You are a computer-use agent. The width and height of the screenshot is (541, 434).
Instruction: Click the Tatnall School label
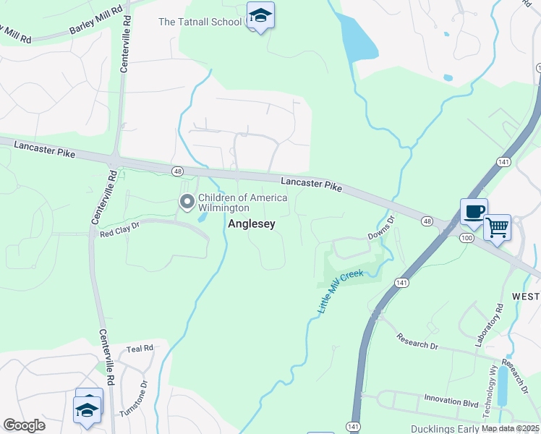coord(200,22)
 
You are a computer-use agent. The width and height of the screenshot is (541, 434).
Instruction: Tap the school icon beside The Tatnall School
coord(260,14)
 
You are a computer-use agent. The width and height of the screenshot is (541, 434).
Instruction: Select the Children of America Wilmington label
coord(242,203)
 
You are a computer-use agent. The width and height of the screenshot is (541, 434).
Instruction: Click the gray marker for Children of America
coord(187,202)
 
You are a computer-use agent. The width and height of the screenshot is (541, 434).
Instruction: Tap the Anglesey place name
coord(252,224)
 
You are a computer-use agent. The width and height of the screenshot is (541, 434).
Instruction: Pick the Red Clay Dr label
coord(119,233)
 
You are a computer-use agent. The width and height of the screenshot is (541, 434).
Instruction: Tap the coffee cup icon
coord(474,211)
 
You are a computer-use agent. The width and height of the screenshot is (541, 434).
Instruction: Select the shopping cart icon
coord(498,227)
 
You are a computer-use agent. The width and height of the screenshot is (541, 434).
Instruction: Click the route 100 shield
coord(467,237)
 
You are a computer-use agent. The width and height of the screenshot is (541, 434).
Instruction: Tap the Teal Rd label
coord(139,348)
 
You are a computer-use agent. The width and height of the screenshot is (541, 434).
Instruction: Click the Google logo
coord(25,425)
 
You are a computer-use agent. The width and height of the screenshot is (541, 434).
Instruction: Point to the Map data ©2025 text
coord(510,428)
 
